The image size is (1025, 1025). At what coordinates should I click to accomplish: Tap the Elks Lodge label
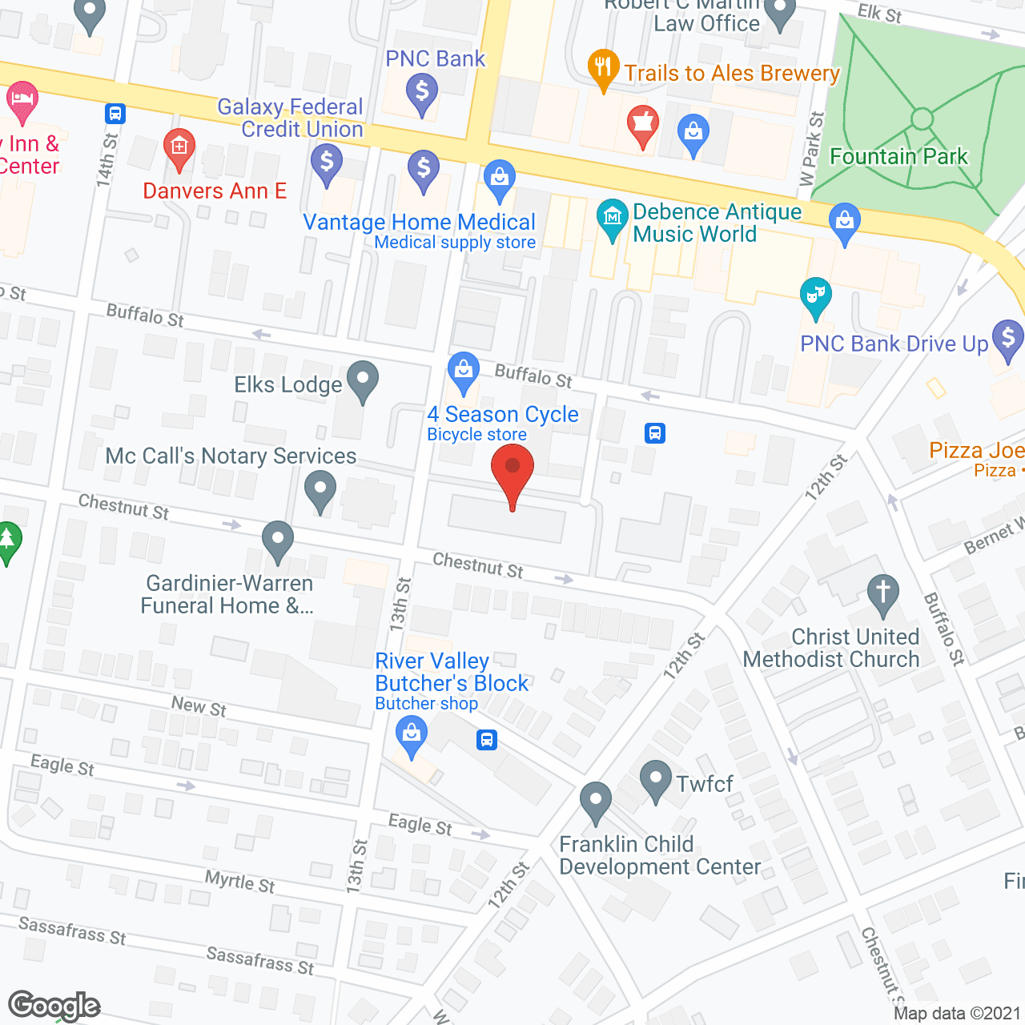pos(287,385)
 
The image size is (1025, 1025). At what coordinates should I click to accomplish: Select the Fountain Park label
pos(898,156)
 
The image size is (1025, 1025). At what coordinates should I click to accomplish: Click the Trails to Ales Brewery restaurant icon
pos(603,70)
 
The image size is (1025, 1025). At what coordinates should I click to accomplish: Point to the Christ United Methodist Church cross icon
pos(882,594)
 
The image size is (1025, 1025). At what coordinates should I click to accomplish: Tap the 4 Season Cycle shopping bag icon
pos(463,371)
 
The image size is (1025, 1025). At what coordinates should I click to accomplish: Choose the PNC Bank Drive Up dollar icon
pos(1007,339)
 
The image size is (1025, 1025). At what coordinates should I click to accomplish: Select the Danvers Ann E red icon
pos(179,147)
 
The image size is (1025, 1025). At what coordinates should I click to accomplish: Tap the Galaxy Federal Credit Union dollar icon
pos(327,163)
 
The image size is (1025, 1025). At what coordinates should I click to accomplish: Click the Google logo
pos(54,1006)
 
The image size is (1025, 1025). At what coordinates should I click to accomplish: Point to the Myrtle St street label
pos(239,882)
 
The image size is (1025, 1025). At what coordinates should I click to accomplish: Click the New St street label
pos(199,706)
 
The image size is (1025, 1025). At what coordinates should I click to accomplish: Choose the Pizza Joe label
pos(976,450)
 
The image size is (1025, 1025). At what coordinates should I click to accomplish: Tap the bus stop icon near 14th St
pos(115,114)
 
